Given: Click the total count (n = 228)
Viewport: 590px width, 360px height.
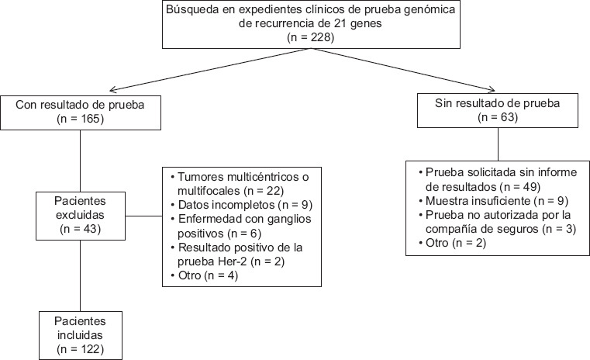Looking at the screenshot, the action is (310, 38).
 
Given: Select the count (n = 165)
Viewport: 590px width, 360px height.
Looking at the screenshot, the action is (80, 119).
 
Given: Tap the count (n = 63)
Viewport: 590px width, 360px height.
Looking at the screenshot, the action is (498, 117).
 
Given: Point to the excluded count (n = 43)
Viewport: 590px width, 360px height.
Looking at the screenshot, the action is (80, 229).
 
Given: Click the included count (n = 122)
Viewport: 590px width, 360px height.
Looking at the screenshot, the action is (80, 349).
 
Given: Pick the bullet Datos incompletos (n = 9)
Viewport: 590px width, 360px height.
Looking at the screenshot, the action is (241, 205).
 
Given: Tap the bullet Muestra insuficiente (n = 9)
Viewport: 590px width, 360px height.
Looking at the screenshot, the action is (493, 201).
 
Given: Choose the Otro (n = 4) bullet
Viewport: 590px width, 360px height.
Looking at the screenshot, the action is (204, 275).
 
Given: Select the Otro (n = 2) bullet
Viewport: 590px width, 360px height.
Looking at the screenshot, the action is (452, 243).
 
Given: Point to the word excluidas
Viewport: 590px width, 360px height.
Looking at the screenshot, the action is (80, 215).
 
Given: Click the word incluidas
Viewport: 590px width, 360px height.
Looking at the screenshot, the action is (80, 335).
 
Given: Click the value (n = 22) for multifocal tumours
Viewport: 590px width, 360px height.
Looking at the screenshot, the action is (264, 191).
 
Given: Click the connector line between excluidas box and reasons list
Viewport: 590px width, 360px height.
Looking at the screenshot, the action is (143, 216).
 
